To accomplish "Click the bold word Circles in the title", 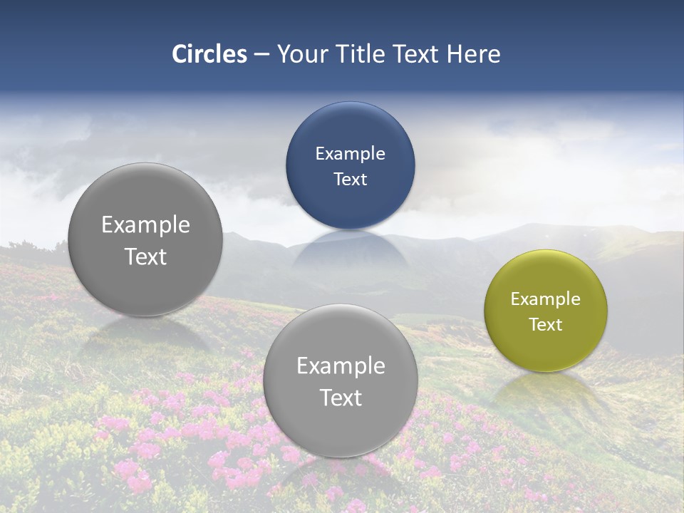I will [x=209, y=54].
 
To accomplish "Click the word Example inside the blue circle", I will [x=350, y=154].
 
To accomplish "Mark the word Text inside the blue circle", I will [x=350, y=180].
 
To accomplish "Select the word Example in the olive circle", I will [x=546, y=299].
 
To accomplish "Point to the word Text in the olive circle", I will [x=546, y=325].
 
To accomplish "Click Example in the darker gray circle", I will [x=145, y=225].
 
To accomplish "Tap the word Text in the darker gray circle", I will [x=145, y=257].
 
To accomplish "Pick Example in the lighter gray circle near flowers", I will [x=341, y=366].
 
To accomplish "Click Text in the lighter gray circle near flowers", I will [x=341, y=398].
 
